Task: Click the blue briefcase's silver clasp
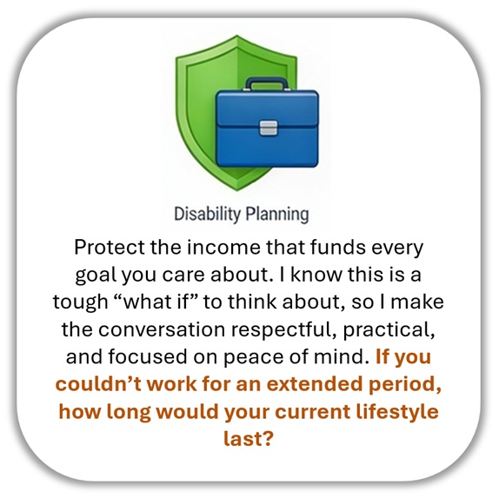pos(268,128)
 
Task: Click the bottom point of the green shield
pos(236,190)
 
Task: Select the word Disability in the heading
pos(207,214)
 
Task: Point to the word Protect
pos(110,247)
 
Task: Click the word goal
pos(96,276)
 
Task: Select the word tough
pos(80,302)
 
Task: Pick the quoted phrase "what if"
pos(156,302)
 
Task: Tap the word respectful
pos(284,329)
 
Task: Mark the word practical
pos(389,330)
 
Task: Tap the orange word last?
pos(249,439)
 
